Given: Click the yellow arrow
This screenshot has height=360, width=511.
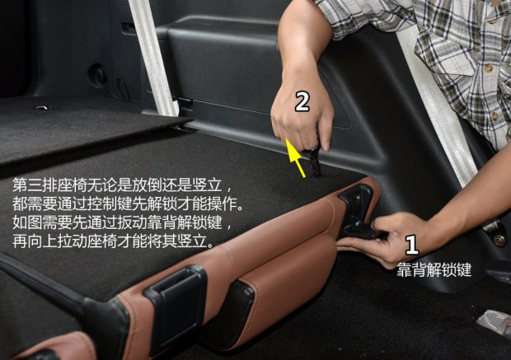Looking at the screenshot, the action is [x=296, y=157].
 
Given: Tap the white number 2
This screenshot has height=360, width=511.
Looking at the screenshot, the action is [x=302, y=101].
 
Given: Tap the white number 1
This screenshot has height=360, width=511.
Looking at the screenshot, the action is [x=412, y=245].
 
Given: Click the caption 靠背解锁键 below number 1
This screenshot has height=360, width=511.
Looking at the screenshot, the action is [x=434, y=269].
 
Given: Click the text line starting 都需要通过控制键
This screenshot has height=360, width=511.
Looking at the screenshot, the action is [x=128, y=203].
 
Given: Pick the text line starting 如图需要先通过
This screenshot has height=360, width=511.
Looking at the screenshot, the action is [x=122, y=222].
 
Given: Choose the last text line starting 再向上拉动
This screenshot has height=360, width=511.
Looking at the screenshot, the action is [x=114, y=241].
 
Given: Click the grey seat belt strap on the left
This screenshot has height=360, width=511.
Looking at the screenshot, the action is [x=154, y=58].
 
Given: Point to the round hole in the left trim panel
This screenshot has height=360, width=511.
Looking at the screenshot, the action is [x=97, y=75].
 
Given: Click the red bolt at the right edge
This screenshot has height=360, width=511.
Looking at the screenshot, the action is [x=499, y=241].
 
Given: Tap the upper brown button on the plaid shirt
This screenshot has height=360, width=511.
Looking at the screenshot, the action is [x=488, y=68].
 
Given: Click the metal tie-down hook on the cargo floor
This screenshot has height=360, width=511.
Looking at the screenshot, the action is [x=42, y=108].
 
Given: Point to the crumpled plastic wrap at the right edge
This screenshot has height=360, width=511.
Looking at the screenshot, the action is [x=495, y=321].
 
